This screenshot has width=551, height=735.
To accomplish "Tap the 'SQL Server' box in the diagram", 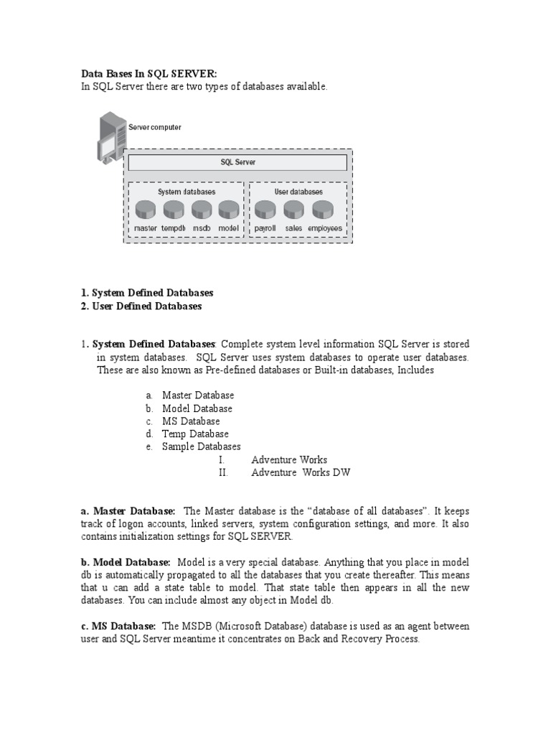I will pos(237,162).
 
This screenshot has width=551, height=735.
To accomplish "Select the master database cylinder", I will pos(146,210).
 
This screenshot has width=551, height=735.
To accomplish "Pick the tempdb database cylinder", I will pos(174,210).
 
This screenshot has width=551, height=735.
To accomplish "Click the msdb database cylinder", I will pos(202,210).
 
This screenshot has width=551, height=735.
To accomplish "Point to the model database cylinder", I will pos(228,210).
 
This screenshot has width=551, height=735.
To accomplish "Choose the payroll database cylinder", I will pos(265,210).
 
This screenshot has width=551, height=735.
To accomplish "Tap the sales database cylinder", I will pos(293,210).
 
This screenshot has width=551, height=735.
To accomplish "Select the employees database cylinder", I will pos(323,210).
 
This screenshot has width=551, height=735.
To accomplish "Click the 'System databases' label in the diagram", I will pos(187,192).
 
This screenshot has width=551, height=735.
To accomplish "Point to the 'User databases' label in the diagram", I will pos(298,192).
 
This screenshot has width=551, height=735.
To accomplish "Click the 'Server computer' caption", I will pos(155,127).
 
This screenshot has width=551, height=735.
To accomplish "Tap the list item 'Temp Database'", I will pos(195,434).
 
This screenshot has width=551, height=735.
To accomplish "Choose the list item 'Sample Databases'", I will pos(201,446).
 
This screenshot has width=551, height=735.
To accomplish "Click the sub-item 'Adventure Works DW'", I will pos(301,472).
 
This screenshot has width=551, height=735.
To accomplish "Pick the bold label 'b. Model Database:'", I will pos(125,562).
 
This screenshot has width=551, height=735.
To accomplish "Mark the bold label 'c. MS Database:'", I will pos(118,626).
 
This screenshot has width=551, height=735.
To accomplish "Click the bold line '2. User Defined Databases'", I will pos(141,306).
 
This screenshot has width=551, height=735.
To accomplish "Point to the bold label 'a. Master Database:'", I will pos(127,510).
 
